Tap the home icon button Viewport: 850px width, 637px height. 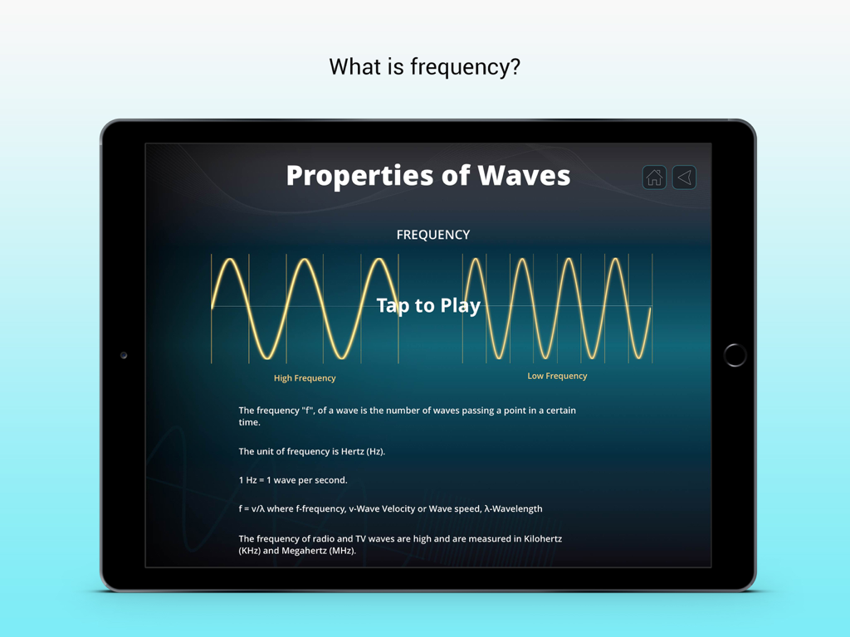tap(654, 177)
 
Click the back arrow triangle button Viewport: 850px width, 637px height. tap(684, 177)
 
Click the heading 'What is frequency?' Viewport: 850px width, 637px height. tap(424, 66)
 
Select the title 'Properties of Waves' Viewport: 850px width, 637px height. tap(428, 175)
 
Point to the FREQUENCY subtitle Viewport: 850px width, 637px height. tap(433, 235)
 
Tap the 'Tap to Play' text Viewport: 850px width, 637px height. tap(428, 305)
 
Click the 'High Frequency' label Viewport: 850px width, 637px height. tap(305, 378)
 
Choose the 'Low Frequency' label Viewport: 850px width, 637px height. tap(557, 376)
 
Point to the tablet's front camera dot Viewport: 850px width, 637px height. tap(124, 355)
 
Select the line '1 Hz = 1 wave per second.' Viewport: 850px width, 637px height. tap(293, 480)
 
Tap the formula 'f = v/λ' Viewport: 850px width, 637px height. tap(256, 508)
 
